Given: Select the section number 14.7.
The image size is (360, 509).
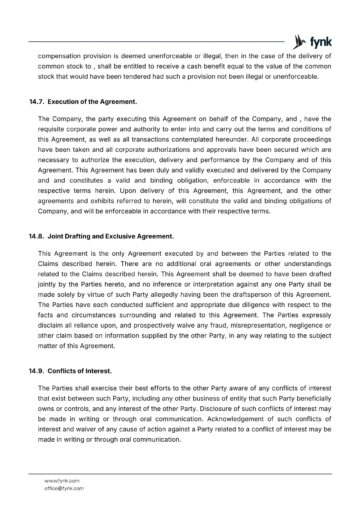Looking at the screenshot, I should [36, 102].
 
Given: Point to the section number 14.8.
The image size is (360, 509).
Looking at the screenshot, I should [36, 236].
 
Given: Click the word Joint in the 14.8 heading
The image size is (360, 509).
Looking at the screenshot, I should [55, 236].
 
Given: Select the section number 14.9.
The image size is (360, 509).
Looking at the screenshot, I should [36, 371].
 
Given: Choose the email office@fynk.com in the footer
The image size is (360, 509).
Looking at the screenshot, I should [64, 488].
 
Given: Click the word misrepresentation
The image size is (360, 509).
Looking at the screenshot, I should [260, 325].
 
